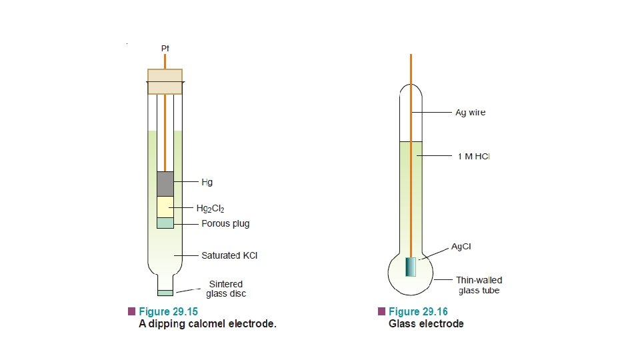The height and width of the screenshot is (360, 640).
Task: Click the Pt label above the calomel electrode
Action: coord(165,48)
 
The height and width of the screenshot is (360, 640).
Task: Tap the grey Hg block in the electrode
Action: coord(165,184)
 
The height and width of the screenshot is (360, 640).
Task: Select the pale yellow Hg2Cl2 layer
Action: coord(165,207)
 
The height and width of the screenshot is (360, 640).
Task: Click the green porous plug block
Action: coord(165,223)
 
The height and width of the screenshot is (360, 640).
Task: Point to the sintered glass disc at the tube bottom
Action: coord(165,293)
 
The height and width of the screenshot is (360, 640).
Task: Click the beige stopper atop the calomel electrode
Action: coord(165,81)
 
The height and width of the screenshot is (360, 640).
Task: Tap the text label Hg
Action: coord(207,181)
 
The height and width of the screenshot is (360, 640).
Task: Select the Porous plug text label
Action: coord(225,223)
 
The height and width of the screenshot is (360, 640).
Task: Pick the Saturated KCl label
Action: coord(229,255)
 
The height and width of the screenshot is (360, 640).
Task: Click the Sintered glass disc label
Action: coord(226,289)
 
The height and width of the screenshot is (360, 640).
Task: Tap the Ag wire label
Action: coord(470,113)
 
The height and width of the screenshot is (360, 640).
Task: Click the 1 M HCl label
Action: coord(473,157)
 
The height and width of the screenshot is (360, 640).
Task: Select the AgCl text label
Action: coord(461,247)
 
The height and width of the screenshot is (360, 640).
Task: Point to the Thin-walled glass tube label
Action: coord(479,285)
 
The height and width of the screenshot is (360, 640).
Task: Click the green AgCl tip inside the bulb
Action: coord(411,267)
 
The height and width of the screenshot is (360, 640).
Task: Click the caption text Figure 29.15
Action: coord(168,312)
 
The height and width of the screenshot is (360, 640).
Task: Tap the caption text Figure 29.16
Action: coord(418,312)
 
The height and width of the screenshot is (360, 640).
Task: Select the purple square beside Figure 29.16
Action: coord(381,312)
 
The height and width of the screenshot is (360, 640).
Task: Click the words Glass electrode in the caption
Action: coord(426,324)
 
